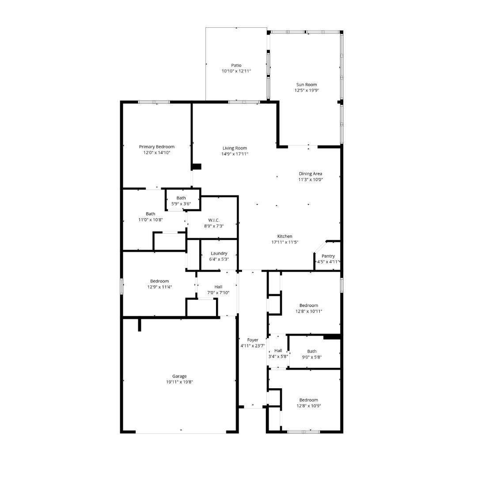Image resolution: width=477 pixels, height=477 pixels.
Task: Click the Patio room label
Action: tap(236, 65)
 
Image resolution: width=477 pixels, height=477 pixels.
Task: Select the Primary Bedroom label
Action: tap(156, 147)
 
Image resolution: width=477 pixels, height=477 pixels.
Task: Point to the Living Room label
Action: tap(235, 148)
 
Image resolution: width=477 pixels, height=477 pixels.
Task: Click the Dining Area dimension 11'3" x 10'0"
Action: tap(310, 179)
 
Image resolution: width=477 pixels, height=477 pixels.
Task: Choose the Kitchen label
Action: tap(284, 236)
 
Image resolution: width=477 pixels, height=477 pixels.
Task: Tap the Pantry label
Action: tap(328, 256)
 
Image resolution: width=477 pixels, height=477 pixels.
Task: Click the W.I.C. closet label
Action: tap(214, 220)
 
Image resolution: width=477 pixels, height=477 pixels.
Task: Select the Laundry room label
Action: tap(219, 254)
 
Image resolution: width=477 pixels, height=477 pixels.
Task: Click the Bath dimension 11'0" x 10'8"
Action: tap(151, 220)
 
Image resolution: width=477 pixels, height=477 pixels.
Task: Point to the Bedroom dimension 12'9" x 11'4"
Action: tap(159, 287)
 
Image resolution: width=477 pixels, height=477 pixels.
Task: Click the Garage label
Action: tap(179, 376)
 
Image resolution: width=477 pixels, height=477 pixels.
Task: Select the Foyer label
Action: tap(252, 340)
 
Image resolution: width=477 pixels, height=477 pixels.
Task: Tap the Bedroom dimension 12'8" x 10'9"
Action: tap(308, 406)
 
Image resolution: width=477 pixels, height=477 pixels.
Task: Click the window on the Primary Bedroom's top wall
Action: tap(154, 102)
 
